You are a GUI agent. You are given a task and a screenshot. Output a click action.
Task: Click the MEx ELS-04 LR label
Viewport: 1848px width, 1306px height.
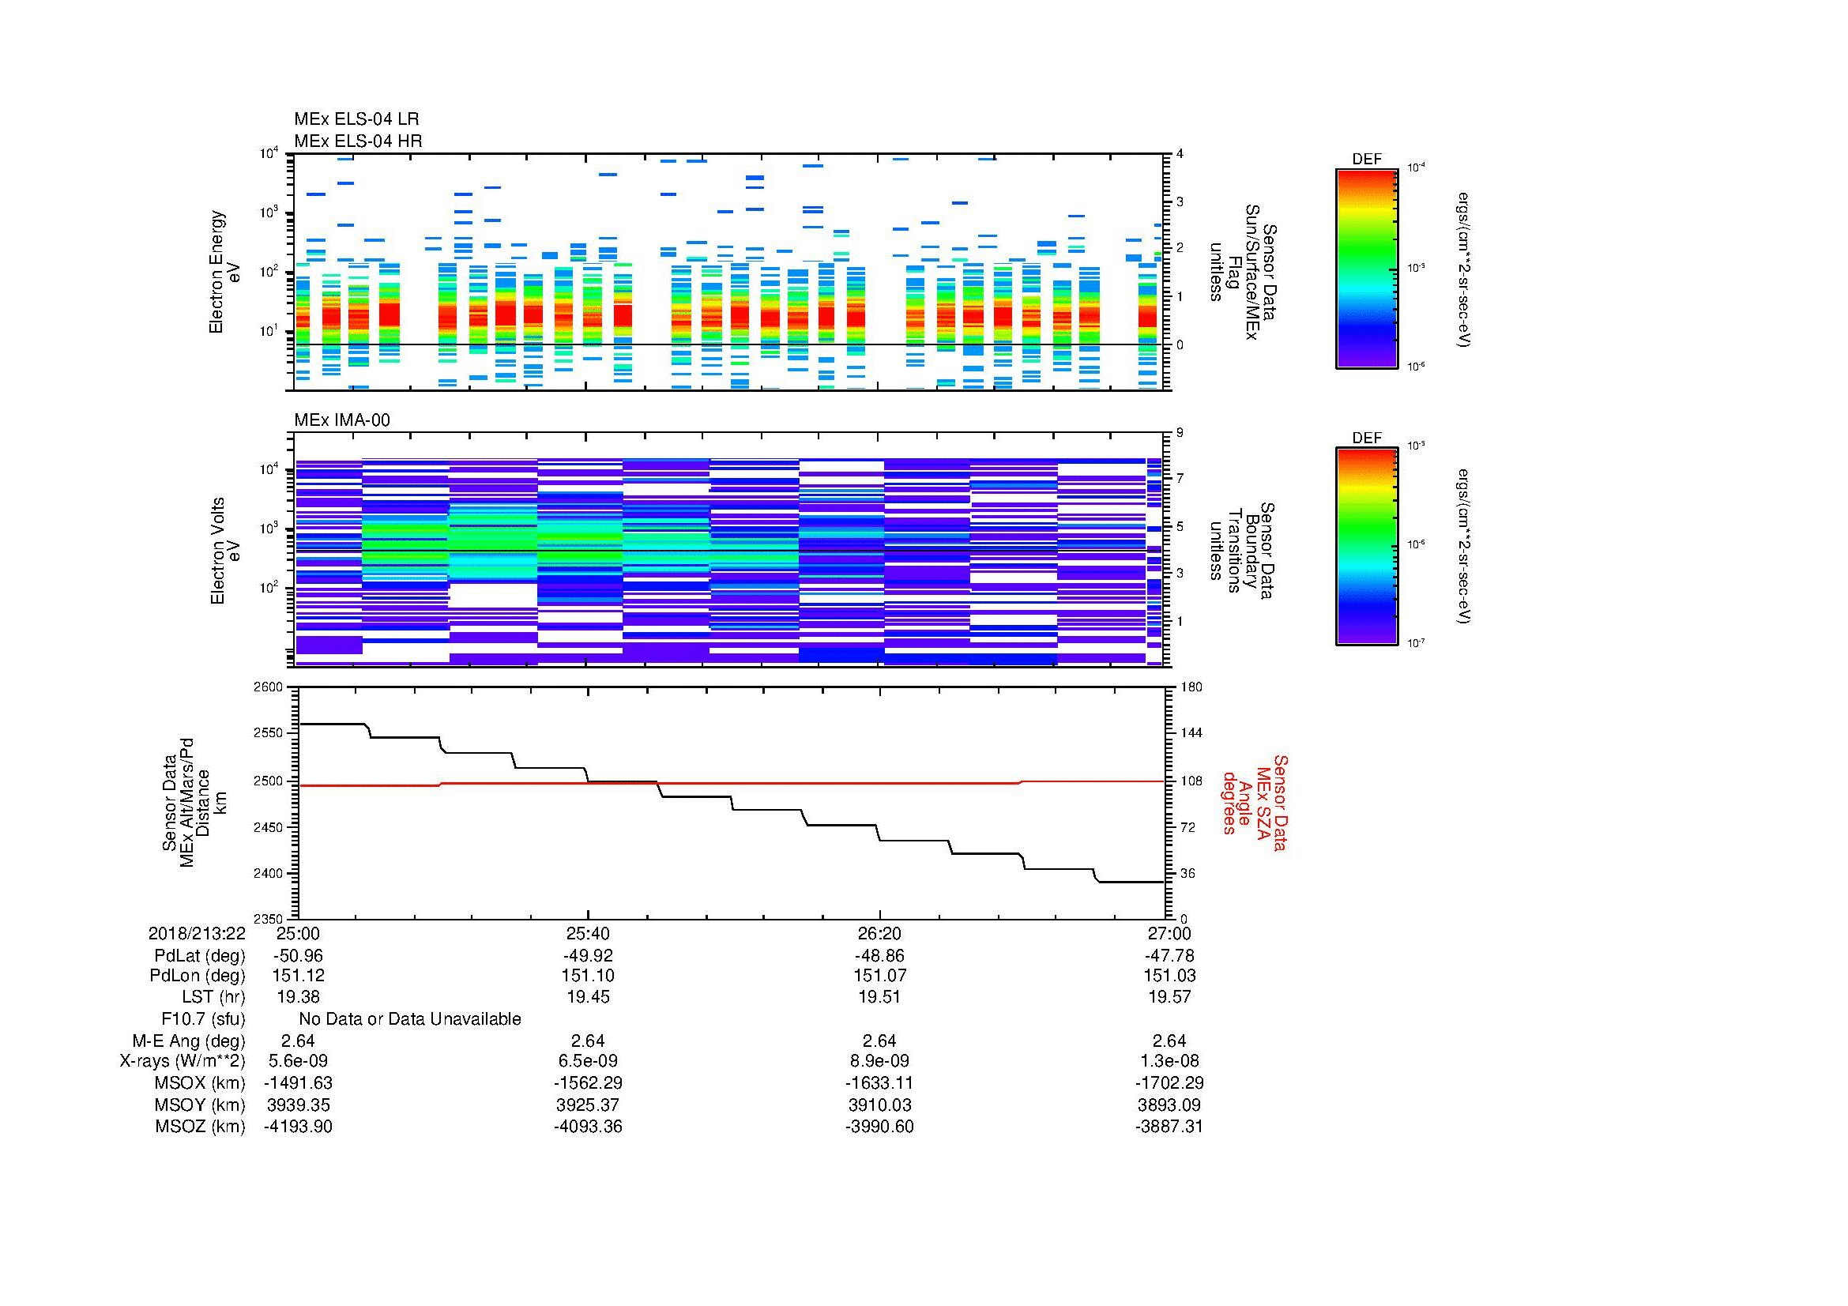click(356, 119)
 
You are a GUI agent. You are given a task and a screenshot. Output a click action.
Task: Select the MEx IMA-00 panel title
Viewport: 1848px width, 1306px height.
click(342, 420)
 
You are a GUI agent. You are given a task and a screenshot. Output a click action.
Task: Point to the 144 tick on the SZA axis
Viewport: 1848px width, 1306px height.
click(1190, 733)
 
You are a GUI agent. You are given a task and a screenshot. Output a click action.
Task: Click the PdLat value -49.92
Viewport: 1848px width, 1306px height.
click(588, 956)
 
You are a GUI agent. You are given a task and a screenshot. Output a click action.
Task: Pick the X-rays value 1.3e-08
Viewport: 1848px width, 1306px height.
click(1169, 1061)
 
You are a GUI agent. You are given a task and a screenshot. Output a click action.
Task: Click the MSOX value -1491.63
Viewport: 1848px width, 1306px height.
click(298, 1083)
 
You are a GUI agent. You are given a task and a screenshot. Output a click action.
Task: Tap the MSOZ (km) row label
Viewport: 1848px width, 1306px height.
click(200, 1127)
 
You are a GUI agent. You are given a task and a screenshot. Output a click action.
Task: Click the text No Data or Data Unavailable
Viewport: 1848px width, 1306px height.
click(410, 1019)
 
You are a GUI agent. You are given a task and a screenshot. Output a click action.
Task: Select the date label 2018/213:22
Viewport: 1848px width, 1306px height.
click(197, 933)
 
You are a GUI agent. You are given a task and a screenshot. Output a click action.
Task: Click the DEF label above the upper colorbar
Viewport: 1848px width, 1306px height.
click(1366, 160)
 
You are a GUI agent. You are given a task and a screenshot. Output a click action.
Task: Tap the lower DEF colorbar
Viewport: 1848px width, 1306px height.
click(1366, 547)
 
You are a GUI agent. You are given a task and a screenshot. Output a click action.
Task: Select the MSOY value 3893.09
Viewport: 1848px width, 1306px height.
click(1169, 1105)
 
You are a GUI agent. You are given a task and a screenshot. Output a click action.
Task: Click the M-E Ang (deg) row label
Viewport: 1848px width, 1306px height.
click(189, 1041)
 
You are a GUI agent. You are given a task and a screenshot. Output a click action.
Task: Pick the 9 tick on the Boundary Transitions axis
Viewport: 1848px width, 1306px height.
click(1180, 433)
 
